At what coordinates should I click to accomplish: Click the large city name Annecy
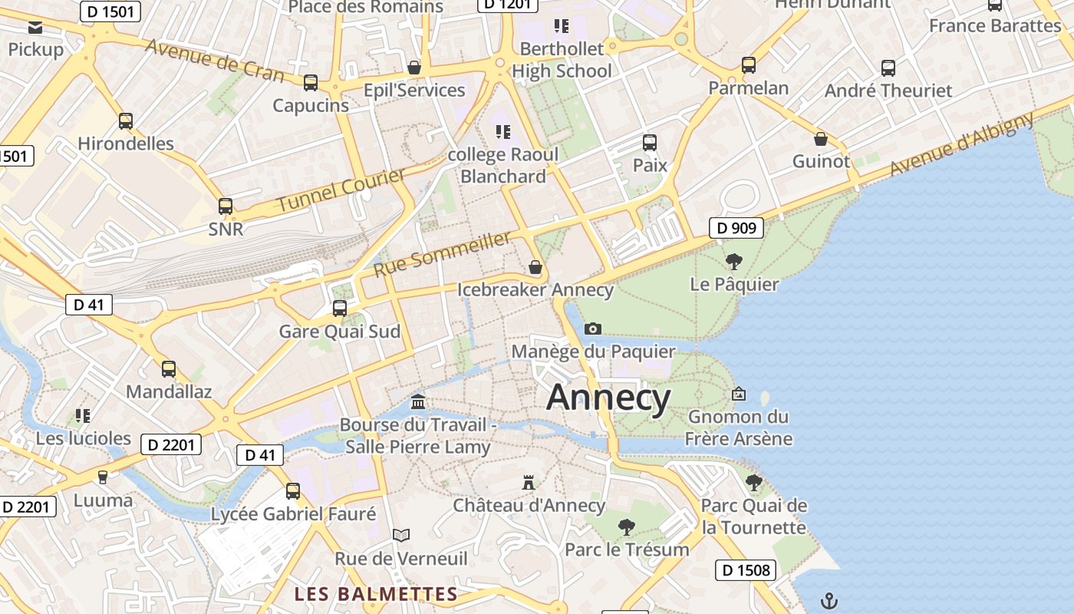(x=608, y=398)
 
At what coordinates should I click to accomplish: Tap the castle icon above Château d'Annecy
(x=528, y=483)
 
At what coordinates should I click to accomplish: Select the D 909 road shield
(x=736, y=227)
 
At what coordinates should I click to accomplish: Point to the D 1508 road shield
(x=746, y=570)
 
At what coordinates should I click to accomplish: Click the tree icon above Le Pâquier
(x=733, y=262)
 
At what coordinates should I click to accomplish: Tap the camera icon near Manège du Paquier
(x=592, y=328)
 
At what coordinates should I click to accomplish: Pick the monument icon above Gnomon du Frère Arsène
(x=739, y=394)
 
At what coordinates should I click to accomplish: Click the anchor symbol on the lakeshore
(x=829, y=600)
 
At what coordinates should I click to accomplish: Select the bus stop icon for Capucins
(x=311, y=83)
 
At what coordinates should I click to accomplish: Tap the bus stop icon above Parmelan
(x=749, y=65)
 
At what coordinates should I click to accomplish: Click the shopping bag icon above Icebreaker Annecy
(x=535, y=267)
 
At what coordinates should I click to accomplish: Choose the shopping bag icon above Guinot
(x=821, y=139)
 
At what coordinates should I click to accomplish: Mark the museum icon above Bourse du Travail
(x=418, y=401)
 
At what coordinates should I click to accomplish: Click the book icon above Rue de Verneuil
(x=401, y=535)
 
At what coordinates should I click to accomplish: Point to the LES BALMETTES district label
(x=376, y=594)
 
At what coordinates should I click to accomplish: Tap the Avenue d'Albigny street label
(x=962, y=144)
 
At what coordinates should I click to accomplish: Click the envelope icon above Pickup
(x=35, y=28)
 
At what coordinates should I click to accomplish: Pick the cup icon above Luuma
(x=103, y=477)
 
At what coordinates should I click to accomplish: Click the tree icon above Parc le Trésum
(x=627, y=527)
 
